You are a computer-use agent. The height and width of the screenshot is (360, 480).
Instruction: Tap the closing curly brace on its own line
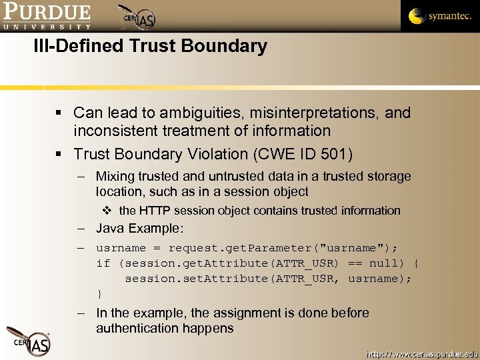coord(99,294)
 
